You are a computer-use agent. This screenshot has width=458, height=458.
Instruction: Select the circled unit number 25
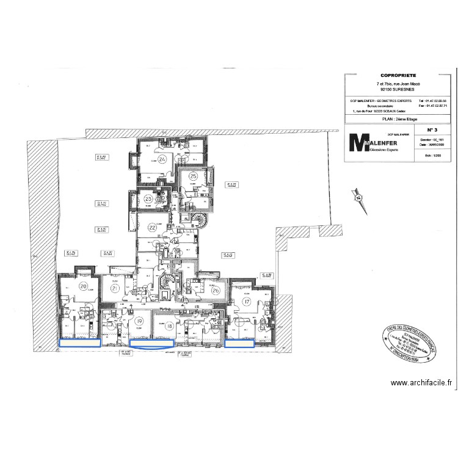pyautogui.click(x=194, y=176)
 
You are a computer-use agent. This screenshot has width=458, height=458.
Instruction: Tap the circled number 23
pyautogui.click(x=148, y=198)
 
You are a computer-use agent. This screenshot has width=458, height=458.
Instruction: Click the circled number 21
pyautogui.click(x=114, y=289)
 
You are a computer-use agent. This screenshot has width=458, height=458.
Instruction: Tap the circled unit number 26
pyautogui.click(x=216, y=290)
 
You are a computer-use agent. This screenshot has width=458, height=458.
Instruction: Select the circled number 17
pyautogui.click(x=247, y=302)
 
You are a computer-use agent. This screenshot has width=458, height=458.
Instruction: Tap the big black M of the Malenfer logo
pyautogui.click(x=357, y=142)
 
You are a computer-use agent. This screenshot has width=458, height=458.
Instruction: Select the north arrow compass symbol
pyautogui.click(x=358, y=197)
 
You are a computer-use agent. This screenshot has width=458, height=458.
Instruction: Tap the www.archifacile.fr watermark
pyautogui.click(x=421, y=383)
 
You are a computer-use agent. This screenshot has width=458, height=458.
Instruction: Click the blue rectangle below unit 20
pyautogui.click(x=79, y=343)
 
